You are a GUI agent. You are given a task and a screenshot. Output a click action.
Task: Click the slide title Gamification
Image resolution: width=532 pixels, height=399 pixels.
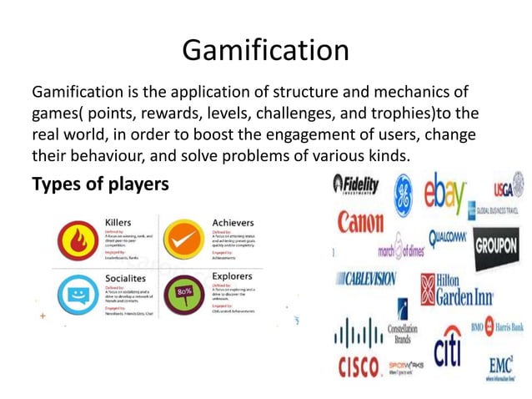pyautogui.click(x=265, y=50)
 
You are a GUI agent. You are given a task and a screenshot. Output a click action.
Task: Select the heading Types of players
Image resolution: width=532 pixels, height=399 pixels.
pyautogui.click(x=99, y=183)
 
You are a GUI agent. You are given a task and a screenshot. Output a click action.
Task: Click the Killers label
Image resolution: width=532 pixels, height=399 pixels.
pyautogui.click(x=118, y=221)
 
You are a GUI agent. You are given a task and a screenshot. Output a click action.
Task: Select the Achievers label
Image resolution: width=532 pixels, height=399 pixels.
pyautogui.click(x=233, y=222)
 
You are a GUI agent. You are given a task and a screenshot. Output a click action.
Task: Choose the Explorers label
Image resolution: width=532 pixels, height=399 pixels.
pyautogui.click(x=232, y=275)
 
